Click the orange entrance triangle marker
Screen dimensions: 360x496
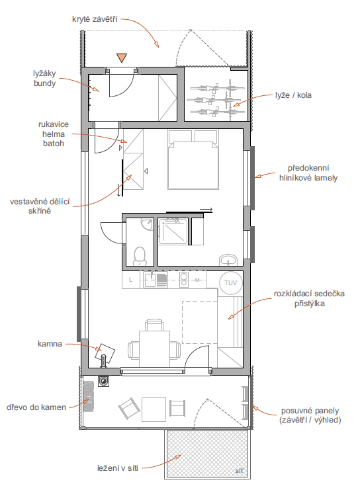coord(122,58)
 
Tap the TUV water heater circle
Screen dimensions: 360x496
coord(230,283)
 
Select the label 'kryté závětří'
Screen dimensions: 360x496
coord(95,19)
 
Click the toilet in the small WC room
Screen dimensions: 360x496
coord(140,256)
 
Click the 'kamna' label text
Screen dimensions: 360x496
coord(50,344)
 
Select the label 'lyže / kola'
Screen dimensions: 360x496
coord(293,95)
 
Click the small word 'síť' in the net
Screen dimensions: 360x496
coord(240,471)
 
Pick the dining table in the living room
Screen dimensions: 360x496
coord(154,345)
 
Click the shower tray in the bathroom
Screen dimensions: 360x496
coord(173,231)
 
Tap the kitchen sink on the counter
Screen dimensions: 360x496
coord(150,280)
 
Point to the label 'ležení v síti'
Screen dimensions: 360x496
coord(118,468)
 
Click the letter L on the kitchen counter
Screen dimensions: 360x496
coord(131,280)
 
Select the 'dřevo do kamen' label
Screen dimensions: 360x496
coord(36,407)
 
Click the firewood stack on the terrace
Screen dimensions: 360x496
coord(89,396)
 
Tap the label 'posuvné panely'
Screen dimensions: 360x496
coord(310,411)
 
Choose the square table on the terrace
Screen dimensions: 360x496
coord(154,409)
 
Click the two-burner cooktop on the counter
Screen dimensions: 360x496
coord(184,280)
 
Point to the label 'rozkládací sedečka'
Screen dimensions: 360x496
coord(309,294)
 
